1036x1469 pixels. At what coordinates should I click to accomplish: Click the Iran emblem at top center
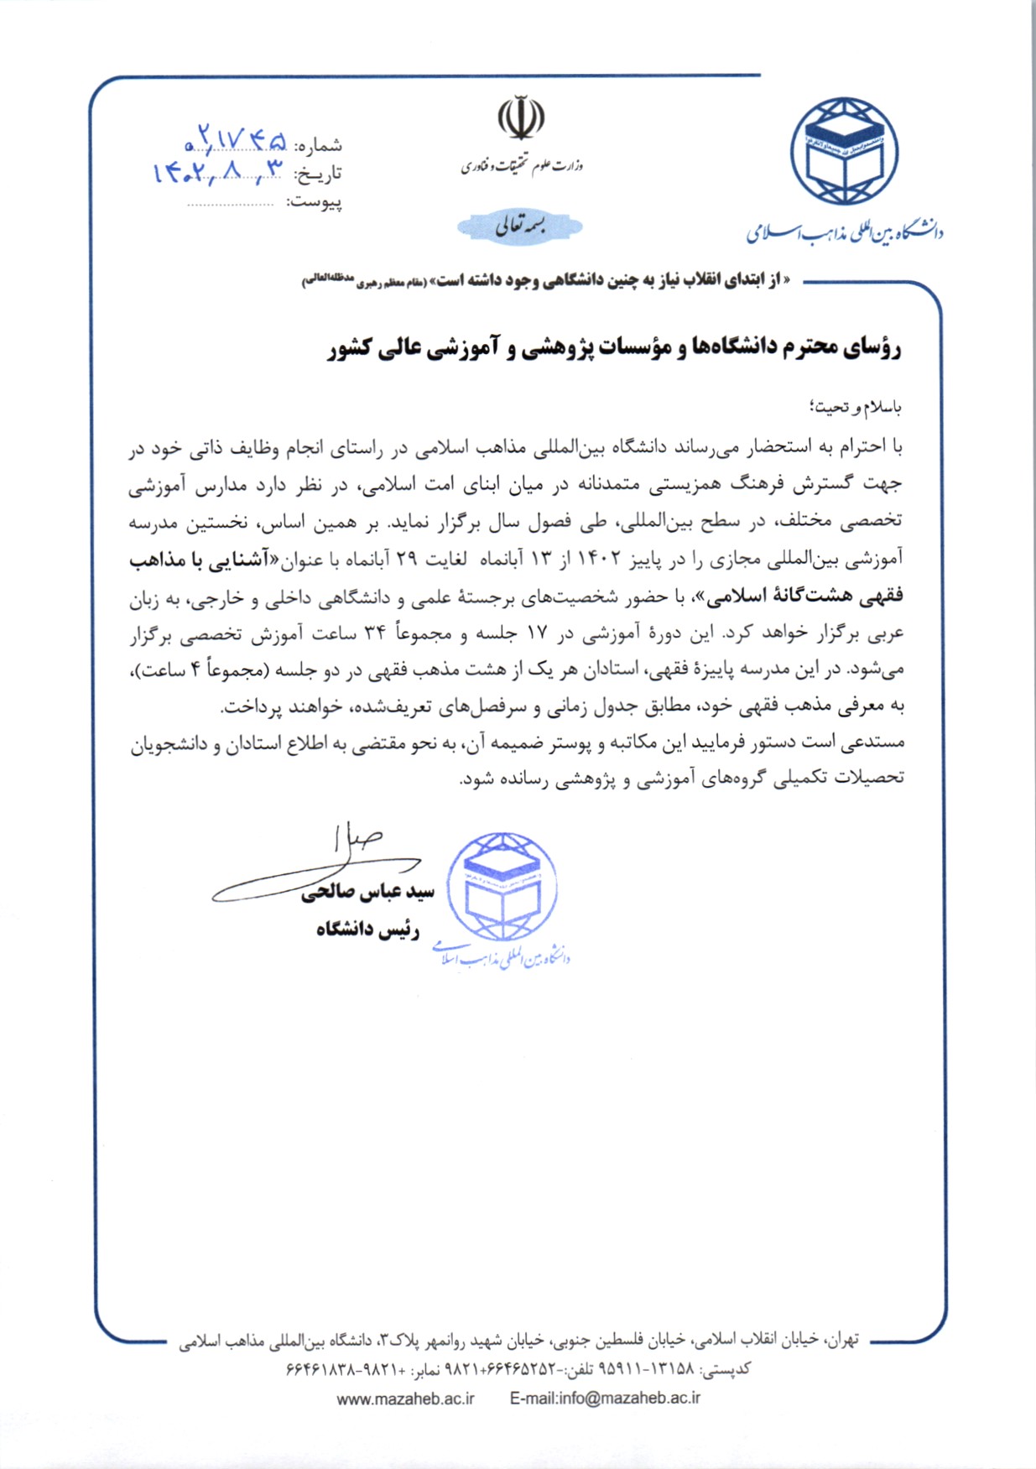(x=521, y=119)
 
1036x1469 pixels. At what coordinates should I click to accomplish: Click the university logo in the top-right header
(x=844, y=152)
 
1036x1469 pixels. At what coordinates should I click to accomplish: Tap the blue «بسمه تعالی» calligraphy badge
(x=520, y=226)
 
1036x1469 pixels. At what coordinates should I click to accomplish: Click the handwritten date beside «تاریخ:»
(x=219, y=171)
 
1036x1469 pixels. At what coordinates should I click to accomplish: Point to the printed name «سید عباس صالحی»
(x=368, y=893)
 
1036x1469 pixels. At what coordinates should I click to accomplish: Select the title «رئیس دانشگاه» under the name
(x=367, y=930)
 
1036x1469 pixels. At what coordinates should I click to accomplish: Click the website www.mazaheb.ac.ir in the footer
(x=406, y=1399)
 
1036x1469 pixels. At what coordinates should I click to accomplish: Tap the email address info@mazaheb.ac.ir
(x=605, y=1399)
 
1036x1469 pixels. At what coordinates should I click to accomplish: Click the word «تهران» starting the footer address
(x=842, y=1340)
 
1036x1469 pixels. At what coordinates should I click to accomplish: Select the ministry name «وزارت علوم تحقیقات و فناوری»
(x=521, y=166)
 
